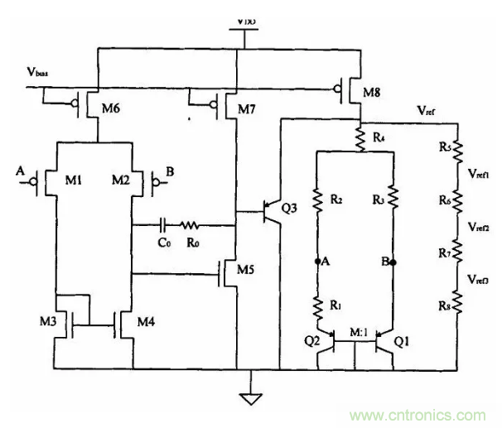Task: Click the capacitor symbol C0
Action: (x=166, y=224)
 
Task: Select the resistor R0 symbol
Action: (x=191, y=224)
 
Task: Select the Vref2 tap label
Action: (x=480, y=226)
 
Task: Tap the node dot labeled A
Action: (x=317, y=262)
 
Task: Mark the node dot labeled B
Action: (x=394, y=262)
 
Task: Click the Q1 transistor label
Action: (x=403, y=339)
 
